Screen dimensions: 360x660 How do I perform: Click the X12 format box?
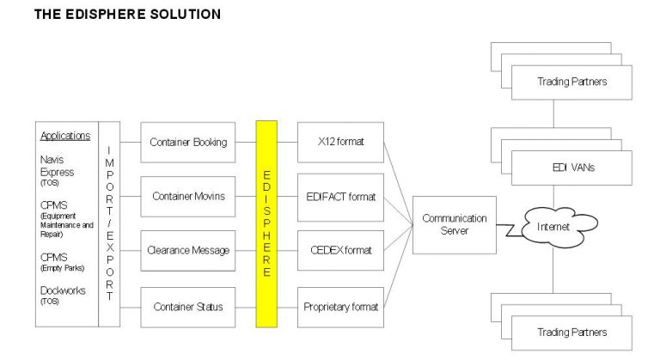tap(340, 143)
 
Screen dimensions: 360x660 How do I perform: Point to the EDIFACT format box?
tap(340, 197)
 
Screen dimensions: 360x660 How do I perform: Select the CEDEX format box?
tap(340, 250)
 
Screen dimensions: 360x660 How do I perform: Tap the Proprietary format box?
tap(340, 305)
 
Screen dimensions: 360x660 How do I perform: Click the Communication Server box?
tap(454, 223)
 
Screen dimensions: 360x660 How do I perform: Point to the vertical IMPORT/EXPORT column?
tap(109, 223)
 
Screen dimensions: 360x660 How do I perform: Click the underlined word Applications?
tap(65, 136)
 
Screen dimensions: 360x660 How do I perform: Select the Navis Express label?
tap(58, 167)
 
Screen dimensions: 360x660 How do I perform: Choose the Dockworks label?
tap(63, 290)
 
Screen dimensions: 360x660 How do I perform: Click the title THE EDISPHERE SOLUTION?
tap(126, 14)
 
